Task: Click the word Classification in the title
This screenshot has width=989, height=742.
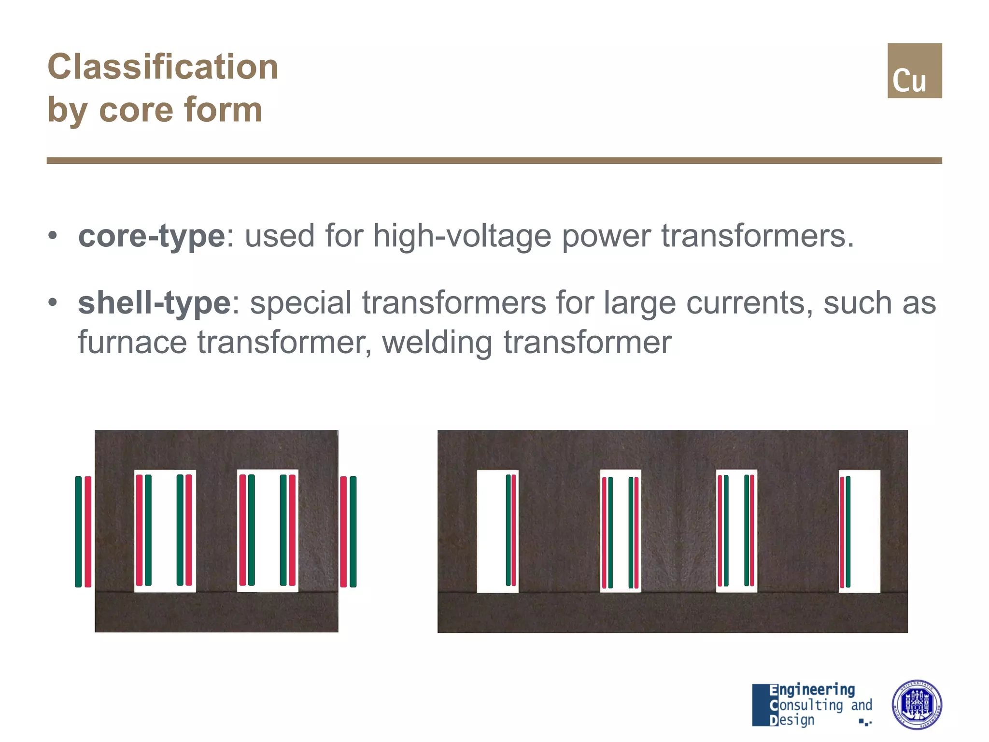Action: coord(163,67)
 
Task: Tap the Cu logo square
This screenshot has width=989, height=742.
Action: coord(914,71)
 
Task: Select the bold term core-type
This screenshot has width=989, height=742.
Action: coord(152,236)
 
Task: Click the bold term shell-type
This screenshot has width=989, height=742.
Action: coord(155,303)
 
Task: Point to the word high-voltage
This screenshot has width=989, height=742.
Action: coord(462,236)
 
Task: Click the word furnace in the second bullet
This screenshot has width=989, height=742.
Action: coord(132,342)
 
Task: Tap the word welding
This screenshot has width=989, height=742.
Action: coord(437,342)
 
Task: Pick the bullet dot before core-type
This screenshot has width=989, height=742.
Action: coord(53,236)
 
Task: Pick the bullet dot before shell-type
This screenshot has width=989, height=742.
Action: coord(53,303)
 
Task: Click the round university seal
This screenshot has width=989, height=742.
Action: coord(917,704)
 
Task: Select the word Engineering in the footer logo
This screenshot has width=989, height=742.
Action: coord(812,690)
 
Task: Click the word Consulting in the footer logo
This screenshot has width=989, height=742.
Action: coord(806,705)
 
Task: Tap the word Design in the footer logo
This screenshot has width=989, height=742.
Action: coord(792,720)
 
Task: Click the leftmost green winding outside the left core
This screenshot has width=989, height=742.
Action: coord(78,531)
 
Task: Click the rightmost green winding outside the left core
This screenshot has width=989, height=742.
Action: coord(353,531)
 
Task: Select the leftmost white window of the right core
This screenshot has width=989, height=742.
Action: coord(492,531)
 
